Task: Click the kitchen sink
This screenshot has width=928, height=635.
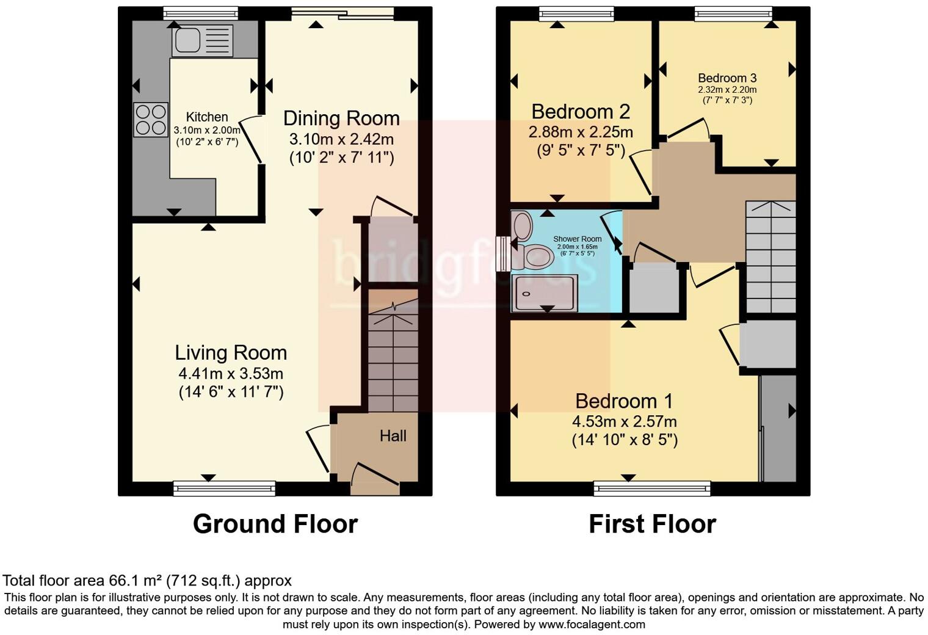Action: coord(203,40)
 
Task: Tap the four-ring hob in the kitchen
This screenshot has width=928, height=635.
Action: coord(151,120)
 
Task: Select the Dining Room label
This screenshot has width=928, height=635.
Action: coord(341,118)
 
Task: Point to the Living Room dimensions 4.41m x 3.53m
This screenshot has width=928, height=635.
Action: coord(231,374)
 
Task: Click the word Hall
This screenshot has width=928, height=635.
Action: coord(393,436)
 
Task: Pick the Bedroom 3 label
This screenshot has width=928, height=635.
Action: coord(727,78)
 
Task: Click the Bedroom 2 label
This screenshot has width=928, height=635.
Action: coord(581,111)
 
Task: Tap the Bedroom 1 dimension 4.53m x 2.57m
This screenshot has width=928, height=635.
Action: coord(625,422)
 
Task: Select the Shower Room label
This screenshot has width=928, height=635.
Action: coord(577,239)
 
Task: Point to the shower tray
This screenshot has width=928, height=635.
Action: coord(545,293)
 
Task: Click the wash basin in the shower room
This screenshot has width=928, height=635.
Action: coord(522,226)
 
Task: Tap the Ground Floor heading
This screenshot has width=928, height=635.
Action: coord(275,524)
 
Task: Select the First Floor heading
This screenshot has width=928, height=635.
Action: coord(653,524)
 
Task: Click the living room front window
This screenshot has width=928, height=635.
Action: coord(224,488)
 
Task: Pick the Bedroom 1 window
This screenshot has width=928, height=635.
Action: coord(652,488)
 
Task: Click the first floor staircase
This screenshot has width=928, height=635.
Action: coord(770,257)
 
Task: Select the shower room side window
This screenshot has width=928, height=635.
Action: coord(503,254)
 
